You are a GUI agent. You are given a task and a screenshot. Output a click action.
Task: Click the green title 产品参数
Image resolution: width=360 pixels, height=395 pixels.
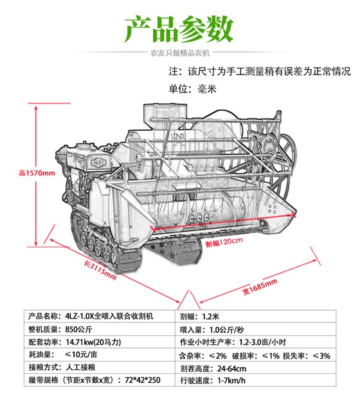[x=179, y=29]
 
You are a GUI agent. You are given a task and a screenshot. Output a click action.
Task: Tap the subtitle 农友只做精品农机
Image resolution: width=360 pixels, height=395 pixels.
[x=180, y=53]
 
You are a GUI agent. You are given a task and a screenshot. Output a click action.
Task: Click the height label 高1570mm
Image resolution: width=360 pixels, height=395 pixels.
[x=37, y=173]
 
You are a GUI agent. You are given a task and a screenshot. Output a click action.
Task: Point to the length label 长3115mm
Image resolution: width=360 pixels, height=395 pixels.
[x=100, y=270]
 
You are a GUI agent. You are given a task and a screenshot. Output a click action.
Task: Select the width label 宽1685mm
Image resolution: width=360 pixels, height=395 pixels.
[x=260, y=287]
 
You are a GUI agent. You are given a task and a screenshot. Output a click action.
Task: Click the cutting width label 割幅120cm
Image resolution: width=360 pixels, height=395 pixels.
[x=224, y=242]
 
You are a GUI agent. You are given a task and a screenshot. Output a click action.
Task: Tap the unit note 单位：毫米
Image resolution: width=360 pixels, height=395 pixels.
[x=193, y=89]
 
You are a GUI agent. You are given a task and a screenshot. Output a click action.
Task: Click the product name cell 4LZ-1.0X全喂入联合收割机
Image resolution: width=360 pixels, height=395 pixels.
[x=109, y=316]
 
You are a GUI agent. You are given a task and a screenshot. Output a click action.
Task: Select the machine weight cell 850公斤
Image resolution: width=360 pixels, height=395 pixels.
[x=79, y=329]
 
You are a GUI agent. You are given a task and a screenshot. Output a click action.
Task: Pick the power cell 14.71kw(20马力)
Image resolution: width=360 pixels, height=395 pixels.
[x=93, y=342]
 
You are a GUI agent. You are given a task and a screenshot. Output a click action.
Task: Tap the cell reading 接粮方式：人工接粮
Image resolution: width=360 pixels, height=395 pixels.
[x=62, y=367]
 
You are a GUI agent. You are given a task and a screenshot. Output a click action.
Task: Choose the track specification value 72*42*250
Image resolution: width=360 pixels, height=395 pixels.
[x=143, y=380]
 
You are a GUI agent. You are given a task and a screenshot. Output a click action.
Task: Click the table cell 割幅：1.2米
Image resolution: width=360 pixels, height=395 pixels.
[x=199, y=317]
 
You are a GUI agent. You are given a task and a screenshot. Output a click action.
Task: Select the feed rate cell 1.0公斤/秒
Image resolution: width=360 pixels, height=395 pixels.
[x=226, y=329]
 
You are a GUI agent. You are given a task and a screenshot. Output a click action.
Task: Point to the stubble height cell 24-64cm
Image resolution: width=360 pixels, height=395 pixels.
[x=232, y=369]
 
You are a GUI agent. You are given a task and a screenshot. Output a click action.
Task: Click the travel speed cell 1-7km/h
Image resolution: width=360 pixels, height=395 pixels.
[x=231, y=380]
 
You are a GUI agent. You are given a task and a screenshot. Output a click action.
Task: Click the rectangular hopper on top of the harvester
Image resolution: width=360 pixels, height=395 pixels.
[x=165, y=114]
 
